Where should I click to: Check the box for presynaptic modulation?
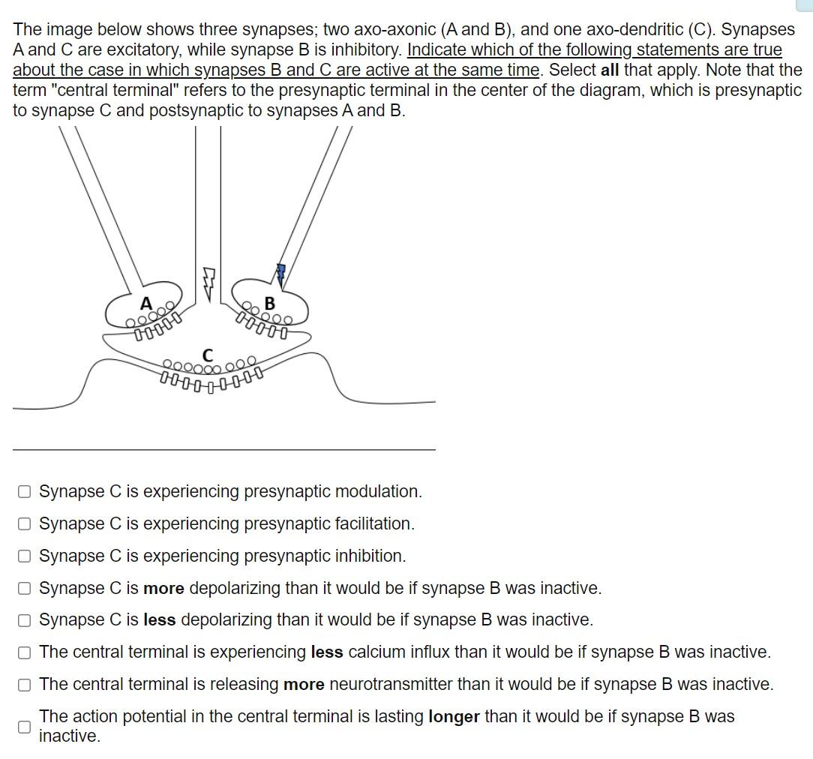tap(25, 492)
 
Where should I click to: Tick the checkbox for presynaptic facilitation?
tap(25, 524)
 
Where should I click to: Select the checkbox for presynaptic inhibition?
tap(25, 556)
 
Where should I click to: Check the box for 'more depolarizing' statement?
tap(25, 589)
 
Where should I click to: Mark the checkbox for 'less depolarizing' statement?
tap(25, 620)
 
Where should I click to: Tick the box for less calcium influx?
tap(25, 652)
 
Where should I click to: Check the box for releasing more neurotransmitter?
tap(25, 685)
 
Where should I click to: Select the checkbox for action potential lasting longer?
tap(25, 726)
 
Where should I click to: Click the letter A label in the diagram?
tap(146, 304)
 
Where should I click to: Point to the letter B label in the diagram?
tap(270, 304)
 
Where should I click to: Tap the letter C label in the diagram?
tap(208, 354)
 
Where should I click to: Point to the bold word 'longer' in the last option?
tap(454, 716)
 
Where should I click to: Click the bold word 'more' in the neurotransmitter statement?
tap(304, 684)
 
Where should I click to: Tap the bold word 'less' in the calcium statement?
tap(327, 652)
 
